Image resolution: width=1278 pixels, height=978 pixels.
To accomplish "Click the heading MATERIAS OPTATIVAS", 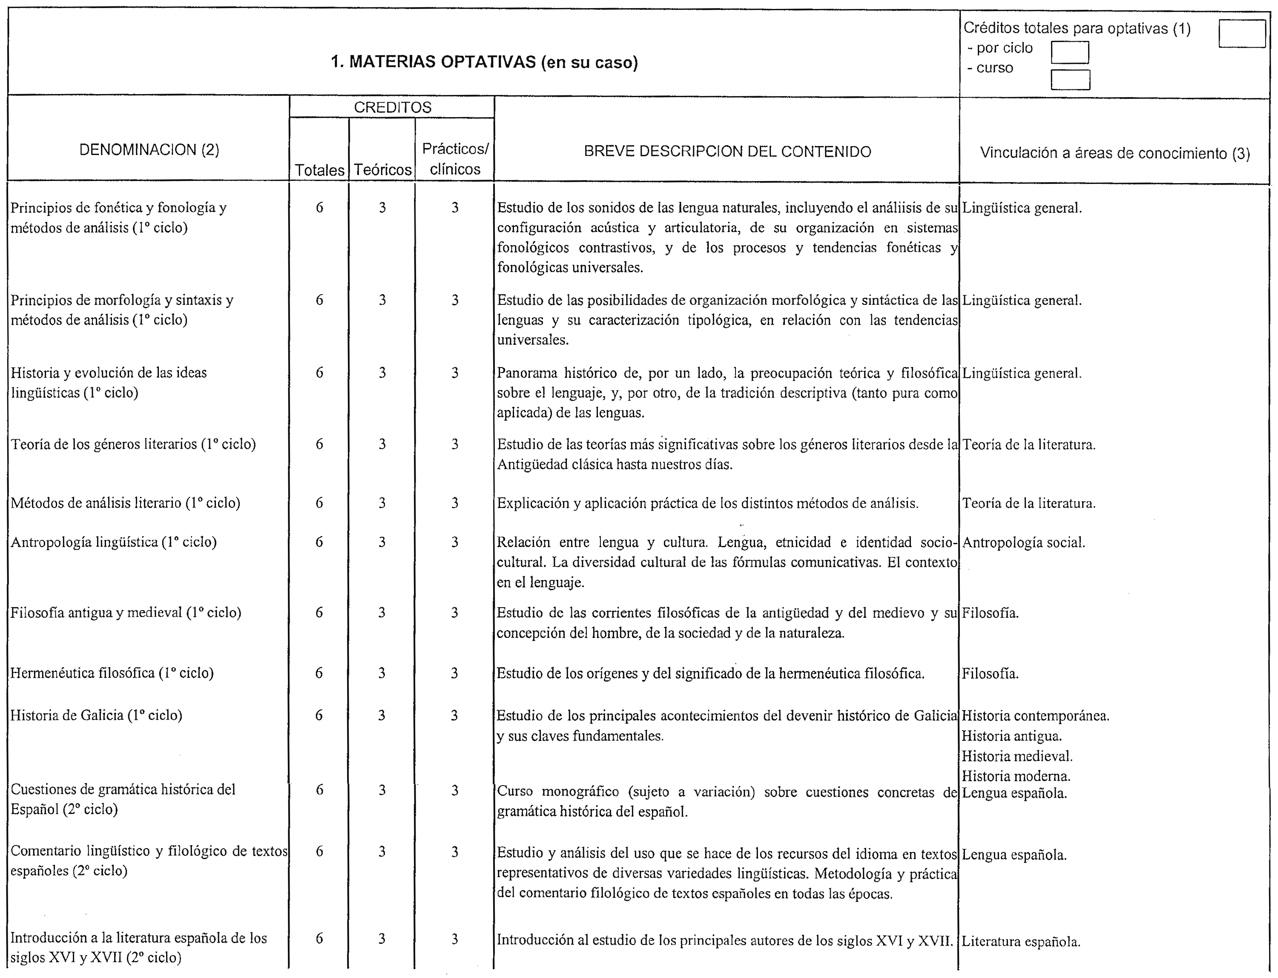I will pyautogui.click(x=485, y=62).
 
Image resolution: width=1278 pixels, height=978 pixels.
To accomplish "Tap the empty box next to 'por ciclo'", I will pyautogui.click(x=1070, y=52).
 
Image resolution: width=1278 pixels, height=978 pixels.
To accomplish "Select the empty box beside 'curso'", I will pyautogui.click(x=1070, y=80).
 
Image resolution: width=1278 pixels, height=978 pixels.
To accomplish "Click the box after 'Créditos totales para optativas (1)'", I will pyautogui.click(x=1241, y=34).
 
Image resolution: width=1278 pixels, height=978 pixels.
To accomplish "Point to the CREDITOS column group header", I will pyautogui.click(x=392, y=108).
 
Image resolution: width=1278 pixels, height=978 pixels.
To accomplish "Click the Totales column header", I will pyautogui.click(x=320, y=170).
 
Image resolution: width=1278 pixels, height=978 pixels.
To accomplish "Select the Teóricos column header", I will pyautogui.click(x=382, y=170).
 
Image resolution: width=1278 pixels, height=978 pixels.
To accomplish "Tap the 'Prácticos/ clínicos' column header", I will pyautogui.click(x=455, y=159).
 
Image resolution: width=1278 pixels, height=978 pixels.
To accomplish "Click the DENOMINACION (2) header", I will pyautogui.click(x=149, y=150).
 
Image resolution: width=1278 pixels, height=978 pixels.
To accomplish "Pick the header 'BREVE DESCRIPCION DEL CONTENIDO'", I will pyautogui.click(x=727, y=152).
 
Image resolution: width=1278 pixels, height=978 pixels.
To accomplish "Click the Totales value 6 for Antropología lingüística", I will pyautogui.click(x=319, y=542).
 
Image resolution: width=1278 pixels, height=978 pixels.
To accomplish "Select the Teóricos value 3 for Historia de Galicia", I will pyautogui.click(x=382, y=715).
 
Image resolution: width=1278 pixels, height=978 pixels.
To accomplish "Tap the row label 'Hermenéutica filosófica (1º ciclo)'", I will pyautogui.click(x=112, y=673).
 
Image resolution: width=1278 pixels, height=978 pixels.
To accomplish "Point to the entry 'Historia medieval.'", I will pyautogui.click(x=1017, y=756).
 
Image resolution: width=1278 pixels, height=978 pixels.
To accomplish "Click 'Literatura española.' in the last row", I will pyautogui.click(x=1021, y=942).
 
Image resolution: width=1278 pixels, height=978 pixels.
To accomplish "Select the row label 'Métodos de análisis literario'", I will pyautogui.click(x=125, y=503).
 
